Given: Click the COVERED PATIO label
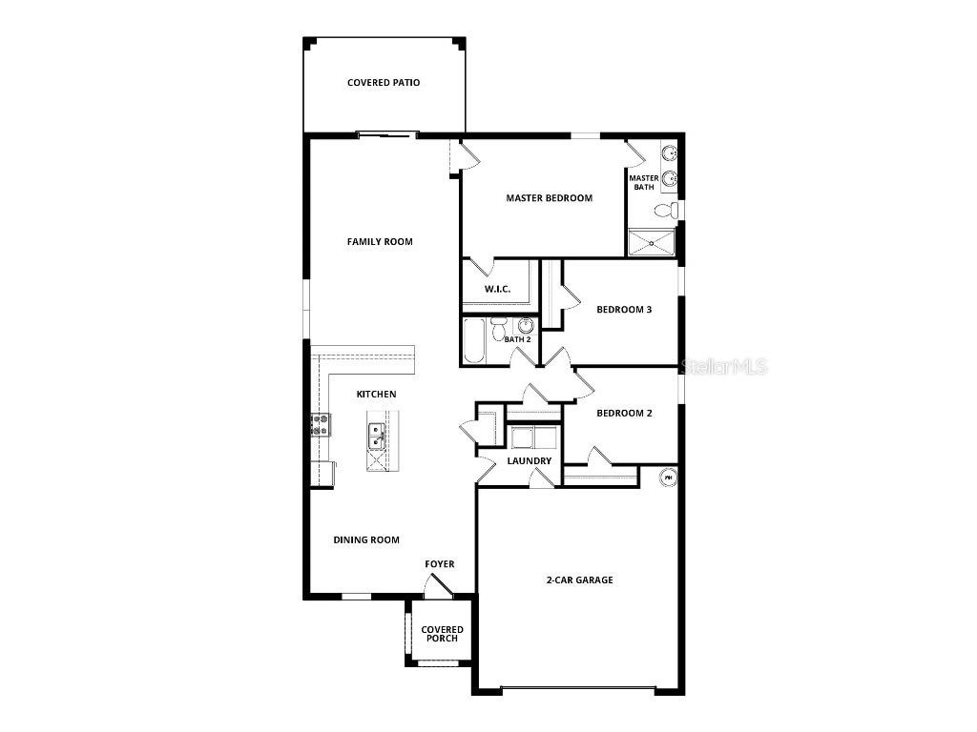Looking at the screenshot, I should click(x=383, y=83).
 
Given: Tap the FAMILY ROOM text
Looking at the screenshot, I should click(x=380, y=242).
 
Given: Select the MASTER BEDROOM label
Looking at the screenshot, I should click(x=549, y=198).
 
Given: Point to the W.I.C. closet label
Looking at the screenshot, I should click(x=497, y=289).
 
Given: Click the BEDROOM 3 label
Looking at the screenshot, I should click(x=624, y=309).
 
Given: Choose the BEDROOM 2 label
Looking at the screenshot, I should click(x=624, y=413).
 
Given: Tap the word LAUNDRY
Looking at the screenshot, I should click(x=529, y=461).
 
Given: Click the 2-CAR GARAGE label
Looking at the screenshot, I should click(x=579, y=579).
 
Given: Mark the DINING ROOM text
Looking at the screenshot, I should click(x=366, y=539).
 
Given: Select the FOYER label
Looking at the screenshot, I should click(x=439, y=564).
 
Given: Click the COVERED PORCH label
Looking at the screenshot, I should click(x=443, y=634).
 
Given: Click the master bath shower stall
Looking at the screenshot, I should click(x=651, y=241).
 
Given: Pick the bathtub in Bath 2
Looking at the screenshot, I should click(x=474, y=342).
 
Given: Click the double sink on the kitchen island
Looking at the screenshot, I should click(x=376, y=436).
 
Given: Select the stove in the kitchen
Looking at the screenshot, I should click(x=319, y=424).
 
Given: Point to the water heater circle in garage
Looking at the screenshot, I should click(x=668, y=477).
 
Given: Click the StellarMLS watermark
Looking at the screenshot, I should click(x=725, y=366).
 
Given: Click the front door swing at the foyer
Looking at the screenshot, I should click(x=433, y=589).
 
